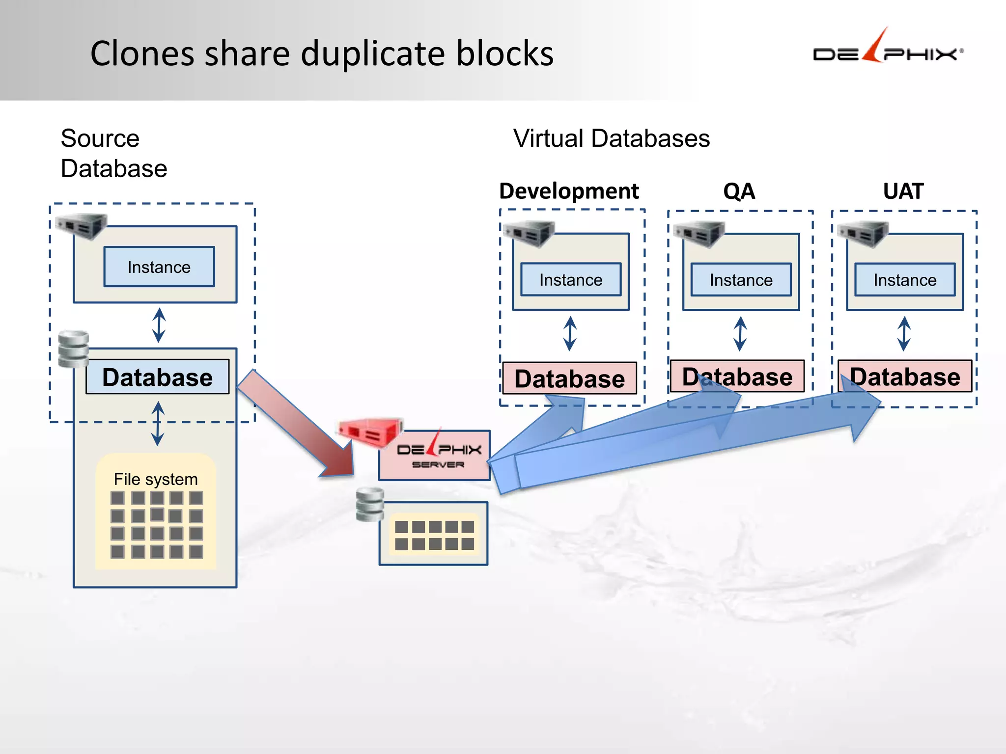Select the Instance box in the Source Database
(x=159, y=267)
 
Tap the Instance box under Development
(x=570, y=280)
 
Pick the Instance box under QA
(x=741, y=280)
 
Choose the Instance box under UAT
(x=905, y=280)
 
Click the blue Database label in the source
(x=157, y=377)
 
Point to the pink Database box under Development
(x=569, y=378)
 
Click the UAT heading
(x=903, y=191)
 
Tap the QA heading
(x=739, y=191)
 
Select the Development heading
(x=569, y=191)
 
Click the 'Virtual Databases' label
(x=611, y=138)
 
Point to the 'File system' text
(x=156, y=479)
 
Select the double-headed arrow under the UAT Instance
(x=904, y=334)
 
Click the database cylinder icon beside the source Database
(x=73, y=349)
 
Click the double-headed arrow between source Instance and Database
(x=159, y=325)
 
